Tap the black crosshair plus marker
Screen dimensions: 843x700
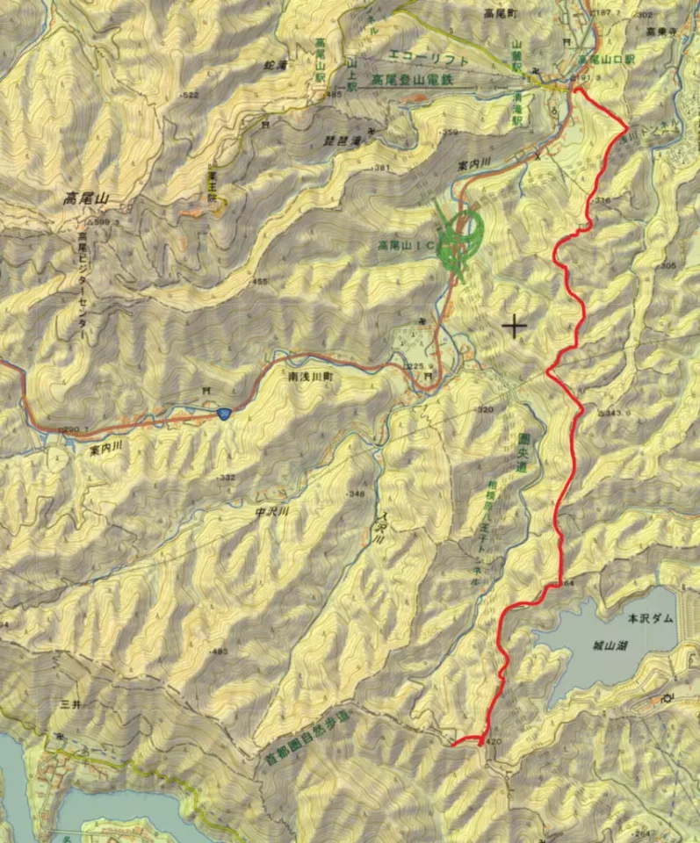[x=515, y=327]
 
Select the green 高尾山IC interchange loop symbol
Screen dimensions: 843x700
[x=465, y=232]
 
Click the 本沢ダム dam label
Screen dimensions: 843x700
[x=651, y=618]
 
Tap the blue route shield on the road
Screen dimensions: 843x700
[x=225, y=412]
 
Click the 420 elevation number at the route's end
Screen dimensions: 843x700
[x=493, y=742]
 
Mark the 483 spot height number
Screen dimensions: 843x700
[x=219, y=652]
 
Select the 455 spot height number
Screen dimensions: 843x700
[x=261, y=282]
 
